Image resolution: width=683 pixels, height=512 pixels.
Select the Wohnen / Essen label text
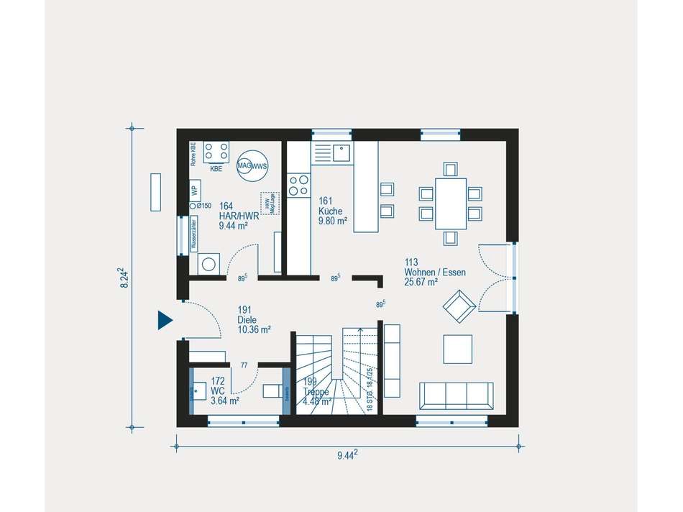coord(434,273)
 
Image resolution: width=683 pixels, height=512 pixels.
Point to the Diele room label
coord(253,320)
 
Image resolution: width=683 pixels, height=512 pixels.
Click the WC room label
coord(224,391)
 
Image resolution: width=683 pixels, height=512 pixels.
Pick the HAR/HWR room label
coord(237,216)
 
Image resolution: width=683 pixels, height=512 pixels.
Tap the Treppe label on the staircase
coord(316,392)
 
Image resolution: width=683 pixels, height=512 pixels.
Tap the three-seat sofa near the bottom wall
coord(457,397)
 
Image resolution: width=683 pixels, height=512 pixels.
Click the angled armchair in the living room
coord(457,308)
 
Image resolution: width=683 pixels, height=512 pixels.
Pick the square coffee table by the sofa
coord(457,349)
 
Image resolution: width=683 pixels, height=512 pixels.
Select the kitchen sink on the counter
coord(340,152)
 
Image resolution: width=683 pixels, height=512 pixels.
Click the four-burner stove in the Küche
coord(298,186)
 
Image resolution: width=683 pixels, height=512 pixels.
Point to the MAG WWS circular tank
coord(252,165)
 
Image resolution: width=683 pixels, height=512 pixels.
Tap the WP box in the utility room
coord(194,191)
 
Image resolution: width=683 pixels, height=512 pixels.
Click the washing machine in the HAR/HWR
coord(209,263)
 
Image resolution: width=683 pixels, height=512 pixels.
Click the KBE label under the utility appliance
coord(216,170)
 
